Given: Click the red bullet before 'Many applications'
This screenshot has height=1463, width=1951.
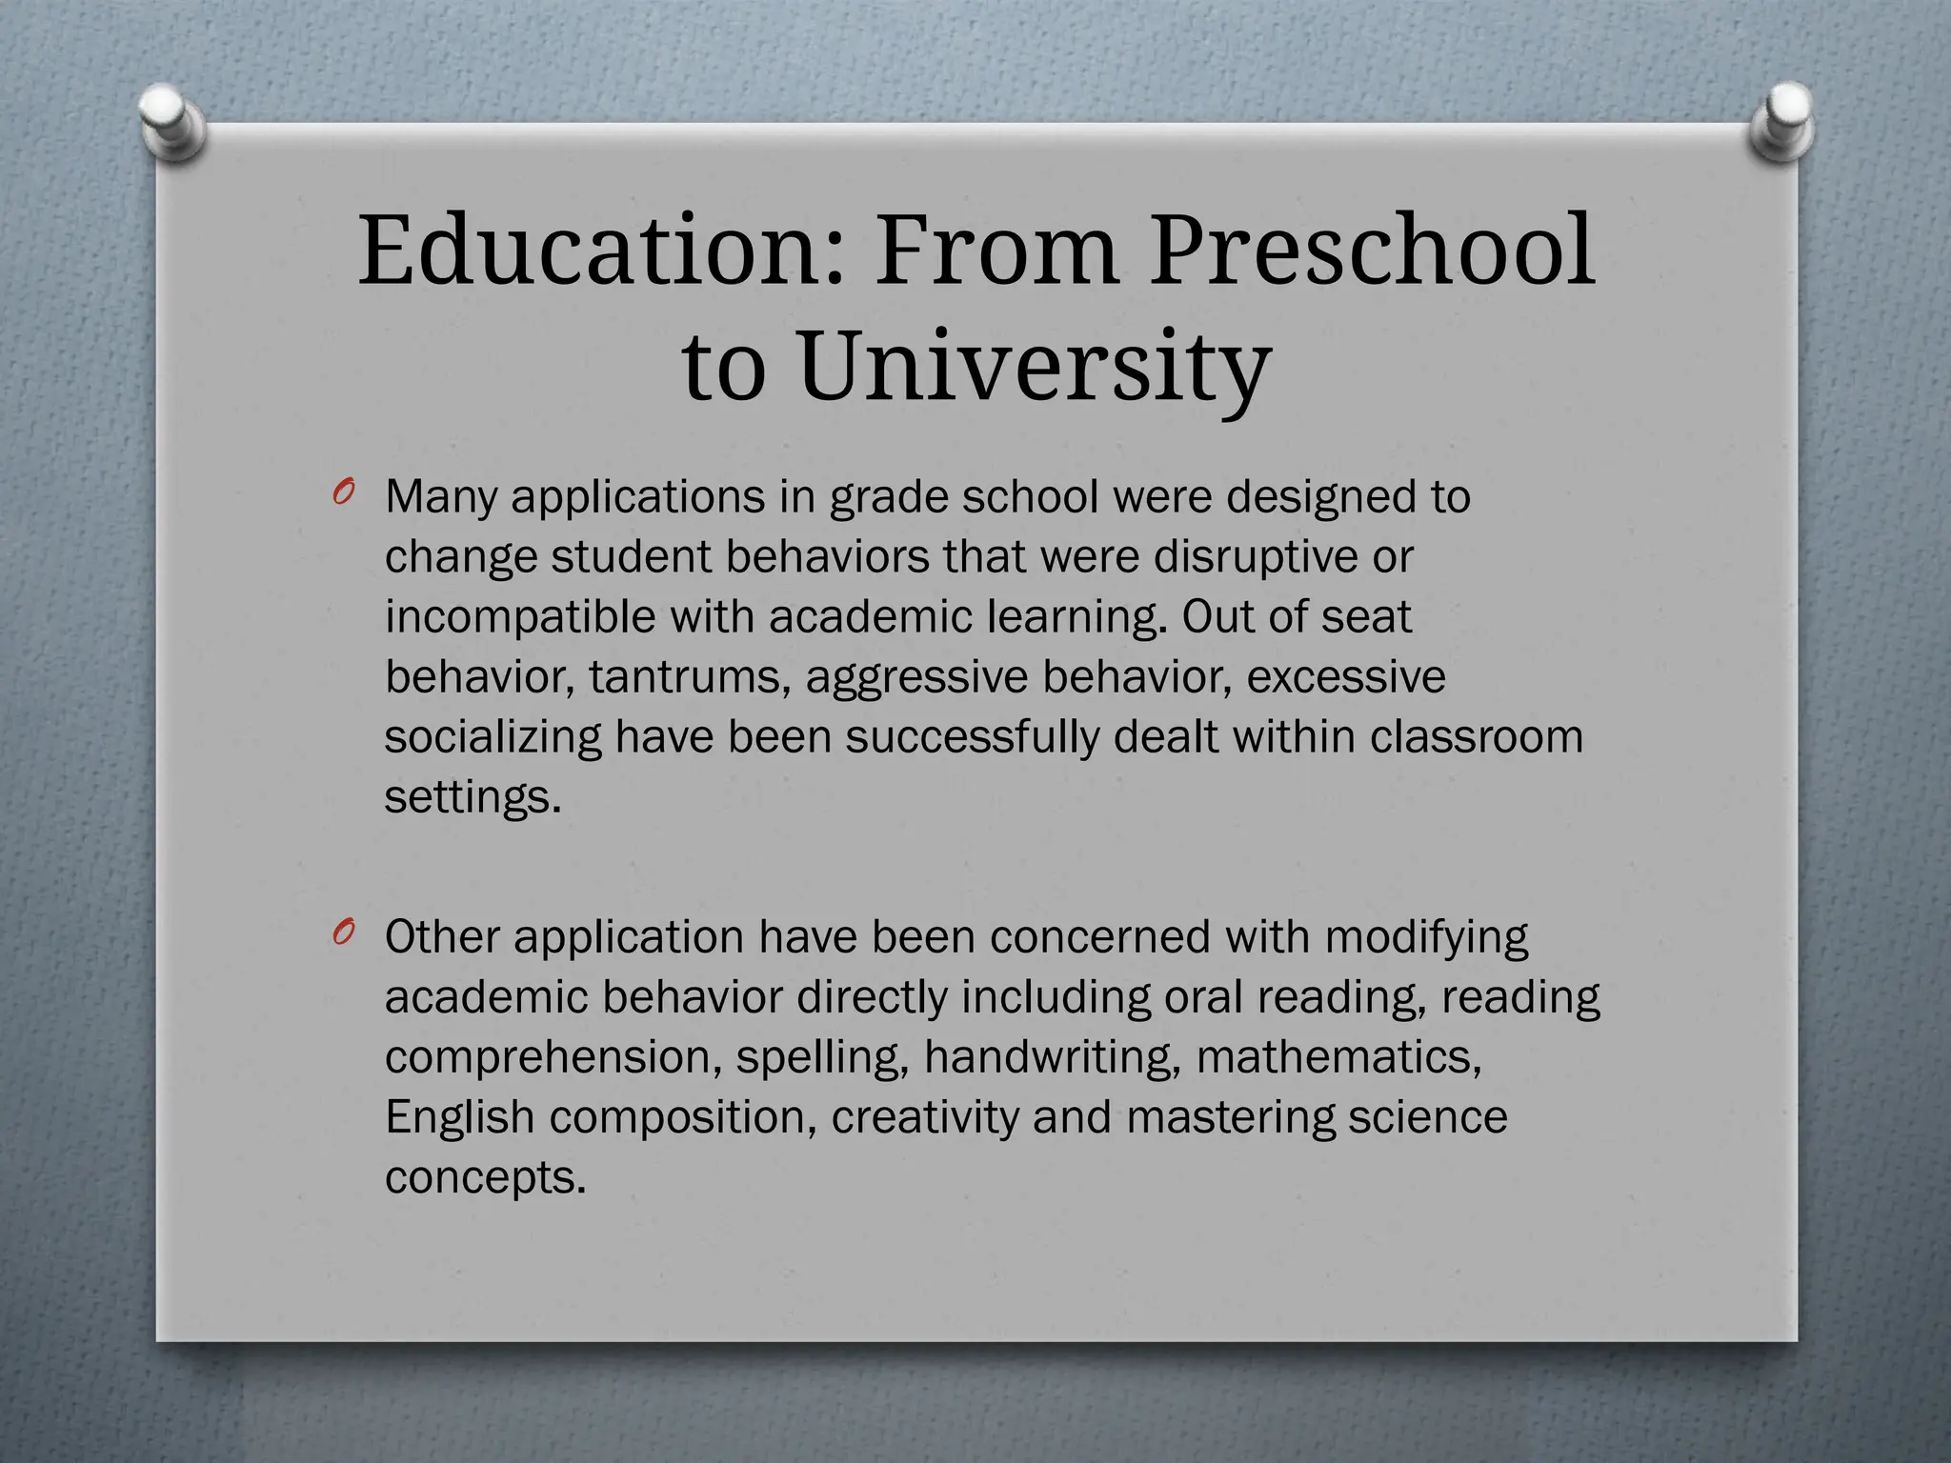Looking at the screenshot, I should pyautogui.click(x=344, y=492).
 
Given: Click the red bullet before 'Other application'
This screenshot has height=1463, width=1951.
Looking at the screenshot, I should pyautogui.click(x=344, y=933).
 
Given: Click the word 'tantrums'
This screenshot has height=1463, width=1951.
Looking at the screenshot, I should pyautogui.click(x=689, y=677).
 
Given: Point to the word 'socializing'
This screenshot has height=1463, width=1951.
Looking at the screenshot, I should pyautogui.click(x=493, y=737).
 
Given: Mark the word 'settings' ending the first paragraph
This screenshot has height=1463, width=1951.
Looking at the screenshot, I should pyautogui.click(x=467, y=797).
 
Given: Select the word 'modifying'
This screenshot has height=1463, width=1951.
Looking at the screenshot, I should pyautogui.click(x=1425, y=937).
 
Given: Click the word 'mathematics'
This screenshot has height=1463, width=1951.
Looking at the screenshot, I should pyautogui.click(x=1338, y=1057).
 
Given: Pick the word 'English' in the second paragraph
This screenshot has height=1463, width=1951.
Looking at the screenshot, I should pyautogui.click(x=459, y=1117).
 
